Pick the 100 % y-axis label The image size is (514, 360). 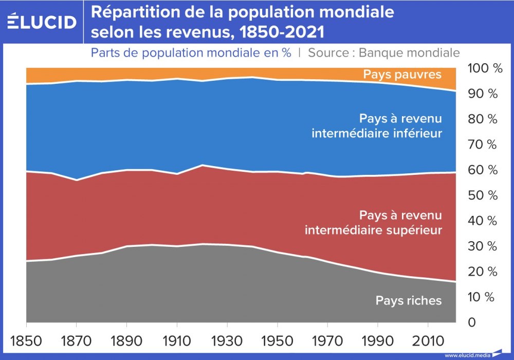point(484,68)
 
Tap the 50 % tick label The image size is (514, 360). point(484,195)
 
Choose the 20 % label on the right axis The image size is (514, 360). point(484,272)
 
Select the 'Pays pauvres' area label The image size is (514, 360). point(402,75)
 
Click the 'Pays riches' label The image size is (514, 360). point(409,300)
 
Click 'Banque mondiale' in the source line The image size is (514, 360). point(409,52)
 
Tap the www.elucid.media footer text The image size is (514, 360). point(467,355)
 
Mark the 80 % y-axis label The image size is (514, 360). point(484,119)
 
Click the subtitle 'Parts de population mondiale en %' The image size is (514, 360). point(191,52)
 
